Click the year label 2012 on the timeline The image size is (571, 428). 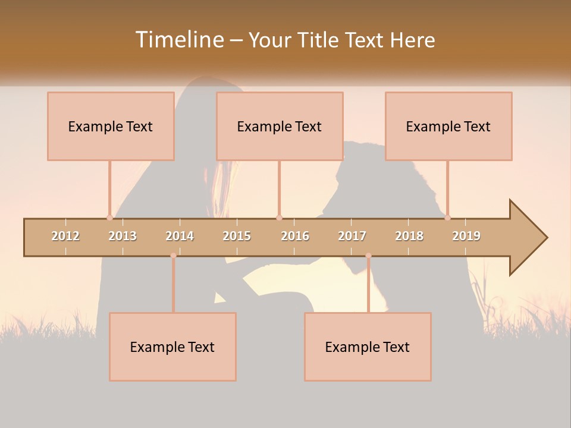tap(65, 237)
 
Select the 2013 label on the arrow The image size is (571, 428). tap(123, 237)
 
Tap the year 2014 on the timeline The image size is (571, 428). tap(180, 237)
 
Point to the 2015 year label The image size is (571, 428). tap(237, 237)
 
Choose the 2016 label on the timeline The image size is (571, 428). tap(295, 237)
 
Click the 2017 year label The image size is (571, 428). tap(352, 237)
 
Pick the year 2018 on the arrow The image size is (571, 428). tap(409, 237)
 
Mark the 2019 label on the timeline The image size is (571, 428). tap(466, 237)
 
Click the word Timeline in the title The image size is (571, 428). tap(178, 40)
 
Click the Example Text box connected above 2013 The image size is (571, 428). tap(111, 126)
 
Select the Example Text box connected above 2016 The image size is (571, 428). tap(280, 126)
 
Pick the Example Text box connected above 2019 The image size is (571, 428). tap(448, 126)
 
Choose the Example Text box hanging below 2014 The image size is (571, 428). tap(172, 347)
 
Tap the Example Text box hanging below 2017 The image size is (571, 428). tap(368, 347)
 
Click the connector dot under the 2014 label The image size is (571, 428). tap(173, 256)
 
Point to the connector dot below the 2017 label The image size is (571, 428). tap(368, 256)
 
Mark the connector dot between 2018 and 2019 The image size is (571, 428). tap(447, 218)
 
